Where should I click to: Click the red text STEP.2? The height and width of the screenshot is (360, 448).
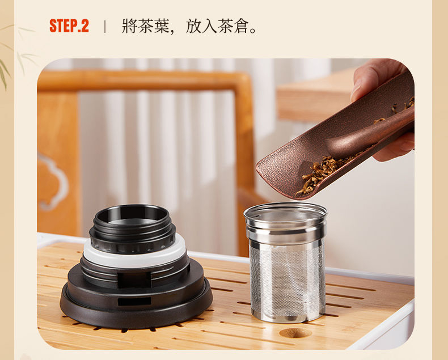coord(69,26)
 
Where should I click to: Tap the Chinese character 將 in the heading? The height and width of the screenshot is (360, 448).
coord(130,26)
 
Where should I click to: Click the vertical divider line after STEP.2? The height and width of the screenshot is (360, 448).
coord(105,26)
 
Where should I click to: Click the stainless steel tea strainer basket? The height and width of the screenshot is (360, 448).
coord(286,262)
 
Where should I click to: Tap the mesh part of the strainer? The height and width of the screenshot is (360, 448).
coord(287,280)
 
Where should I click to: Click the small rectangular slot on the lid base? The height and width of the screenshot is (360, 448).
coord(134,301)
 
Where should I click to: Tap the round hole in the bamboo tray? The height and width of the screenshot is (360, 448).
coord(295,333)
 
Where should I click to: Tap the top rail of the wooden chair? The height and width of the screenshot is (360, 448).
coord(143,81)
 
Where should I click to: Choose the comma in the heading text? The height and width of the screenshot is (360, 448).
coord(172,31)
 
